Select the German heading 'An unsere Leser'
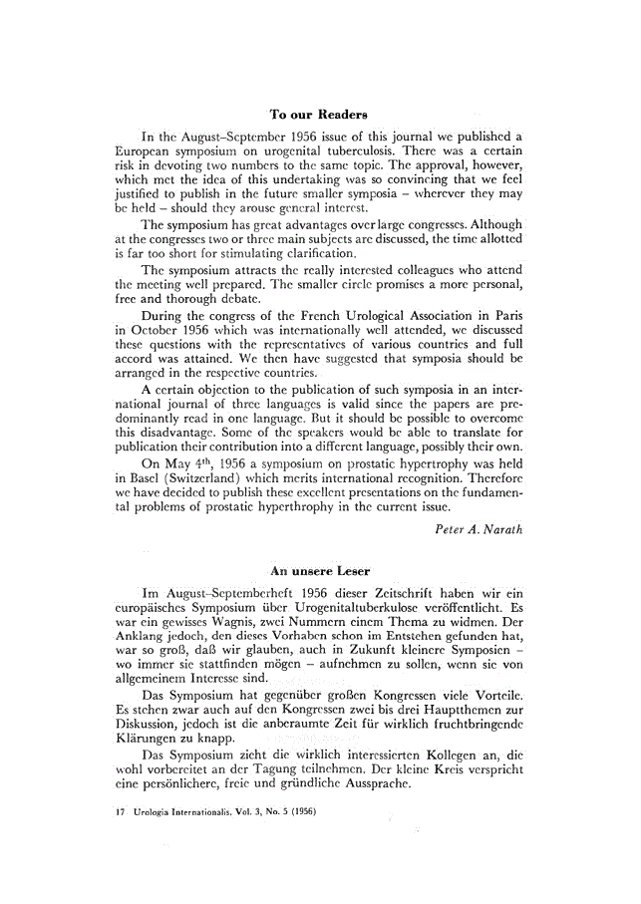tap(320, 571)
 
